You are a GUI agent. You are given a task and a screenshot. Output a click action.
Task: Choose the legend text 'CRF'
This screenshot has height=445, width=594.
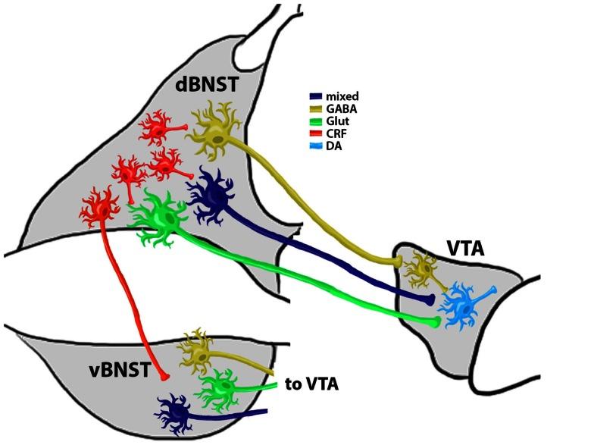point(334,133)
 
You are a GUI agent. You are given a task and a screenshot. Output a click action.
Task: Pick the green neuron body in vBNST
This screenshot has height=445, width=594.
point(220,389)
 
